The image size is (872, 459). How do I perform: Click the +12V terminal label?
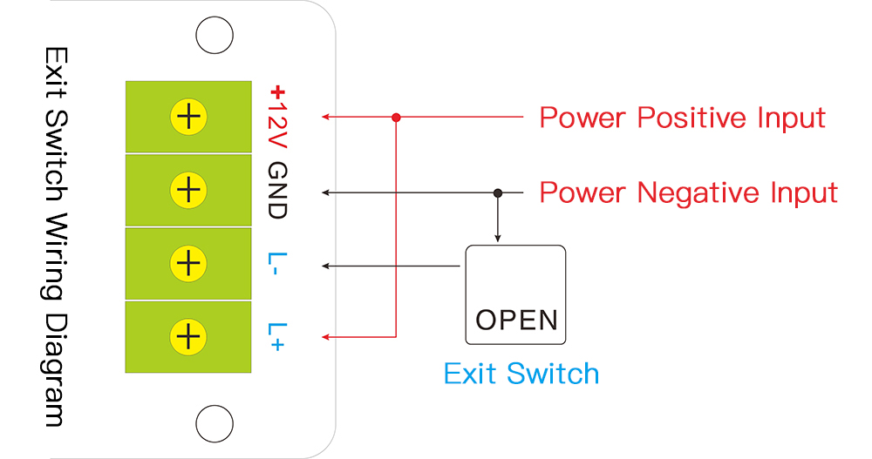click(x=277, y=117)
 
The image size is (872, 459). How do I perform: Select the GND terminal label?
click(x=277, y=190)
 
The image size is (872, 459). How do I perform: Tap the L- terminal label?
click(x=276, y=265)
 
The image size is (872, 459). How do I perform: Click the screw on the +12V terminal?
click(x=187, y=117)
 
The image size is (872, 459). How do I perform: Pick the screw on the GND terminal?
click(x=187, y=190)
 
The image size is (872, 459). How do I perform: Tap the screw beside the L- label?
click(x=187, y=263)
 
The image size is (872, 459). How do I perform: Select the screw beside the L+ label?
click(x=187, y=336)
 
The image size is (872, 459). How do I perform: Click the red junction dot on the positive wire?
click(x=396, y=117)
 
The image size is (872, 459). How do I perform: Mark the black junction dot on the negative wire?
click(x=498, y=192)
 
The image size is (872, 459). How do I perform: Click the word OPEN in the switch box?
click(x=516, y=320)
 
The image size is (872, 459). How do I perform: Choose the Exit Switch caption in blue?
click(x=521, y=374)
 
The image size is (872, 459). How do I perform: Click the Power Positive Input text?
click(x=682, y=117)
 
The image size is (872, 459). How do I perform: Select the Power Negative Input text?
click(x=688, y=192)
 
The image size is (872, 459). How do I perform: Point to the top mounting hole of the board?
click(x=214, y=37)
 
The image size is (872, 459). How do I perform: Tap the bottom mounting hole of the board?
click(x=214, y=423)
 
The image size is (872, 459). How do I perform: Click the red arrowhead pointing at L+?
click(x=326, y=336)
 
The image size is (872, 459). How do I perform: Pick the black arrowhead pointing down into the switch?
click(x=498, y=238)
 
